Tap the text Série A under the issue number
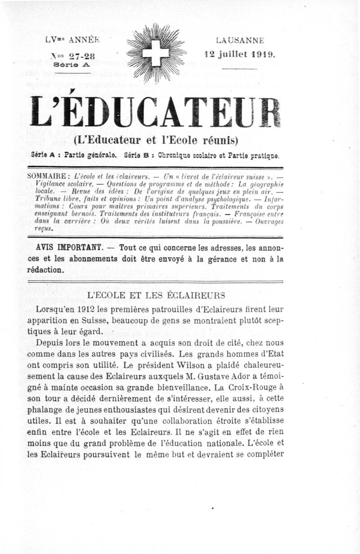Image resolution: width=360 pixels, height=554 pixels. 72,64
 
